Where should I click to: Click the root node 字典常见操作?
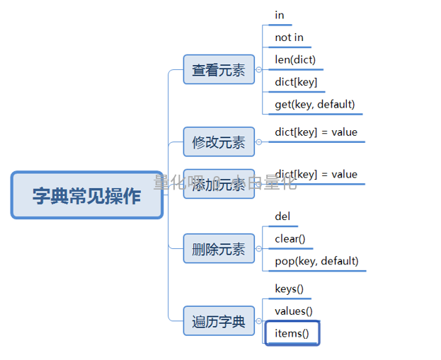point(87,195)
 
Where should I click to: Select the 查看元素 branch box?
point(219,70)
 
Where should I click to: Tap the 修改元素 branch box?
point(219,142)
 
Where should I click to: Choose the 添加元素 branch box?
point(219,184)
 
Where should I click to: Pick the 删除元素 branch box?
point(219,248)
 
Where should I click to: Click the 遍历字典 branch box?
point(219,321)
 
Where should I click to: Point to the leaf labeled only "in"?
point(280,15)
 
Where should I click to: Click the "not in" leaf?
point(289,37)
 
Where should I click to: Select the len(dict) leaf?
point(295,59)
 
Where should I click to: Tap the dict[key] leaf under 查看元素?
point(296,82)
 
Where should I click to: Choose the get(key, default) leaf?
point(314,105)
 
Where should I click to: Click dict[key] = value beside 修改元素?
point(316,132)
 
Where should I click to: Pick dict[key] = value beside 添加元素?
point(316,175)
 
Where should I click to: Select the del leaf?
point(282,216)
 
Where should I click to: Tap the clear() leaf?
point(290,238)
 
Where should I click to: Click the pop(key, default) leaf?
point(316,261)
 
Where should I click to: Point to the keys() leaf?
point(289,289)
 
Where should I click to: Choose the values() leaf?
point(294,311)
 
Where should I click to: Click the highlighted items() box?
point(292,333)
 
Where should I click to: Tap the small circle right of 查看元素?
point(258,70)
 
